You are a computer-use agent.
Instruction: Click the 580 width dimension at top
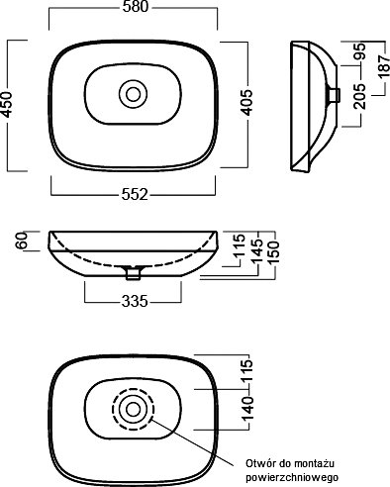tap(136, 7)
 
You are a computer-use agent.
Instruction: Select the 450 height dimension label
tap(7, 105)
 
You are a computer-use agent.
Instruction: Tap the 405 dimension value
tap(246, 102)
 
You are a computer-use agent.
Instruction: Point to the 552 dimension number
tap(135, 195)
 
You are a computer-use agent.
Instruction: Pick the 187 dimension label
tap(384, 66)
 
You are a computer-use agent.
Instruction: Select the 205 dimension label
tap(360, 96)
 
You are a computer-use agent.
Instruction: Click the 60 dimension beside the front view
tap(22, 241)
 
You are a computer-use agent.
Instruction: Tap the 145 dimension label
tap(257, 250)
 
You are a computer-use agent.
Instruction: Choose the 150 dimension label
tap(273, 251)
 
